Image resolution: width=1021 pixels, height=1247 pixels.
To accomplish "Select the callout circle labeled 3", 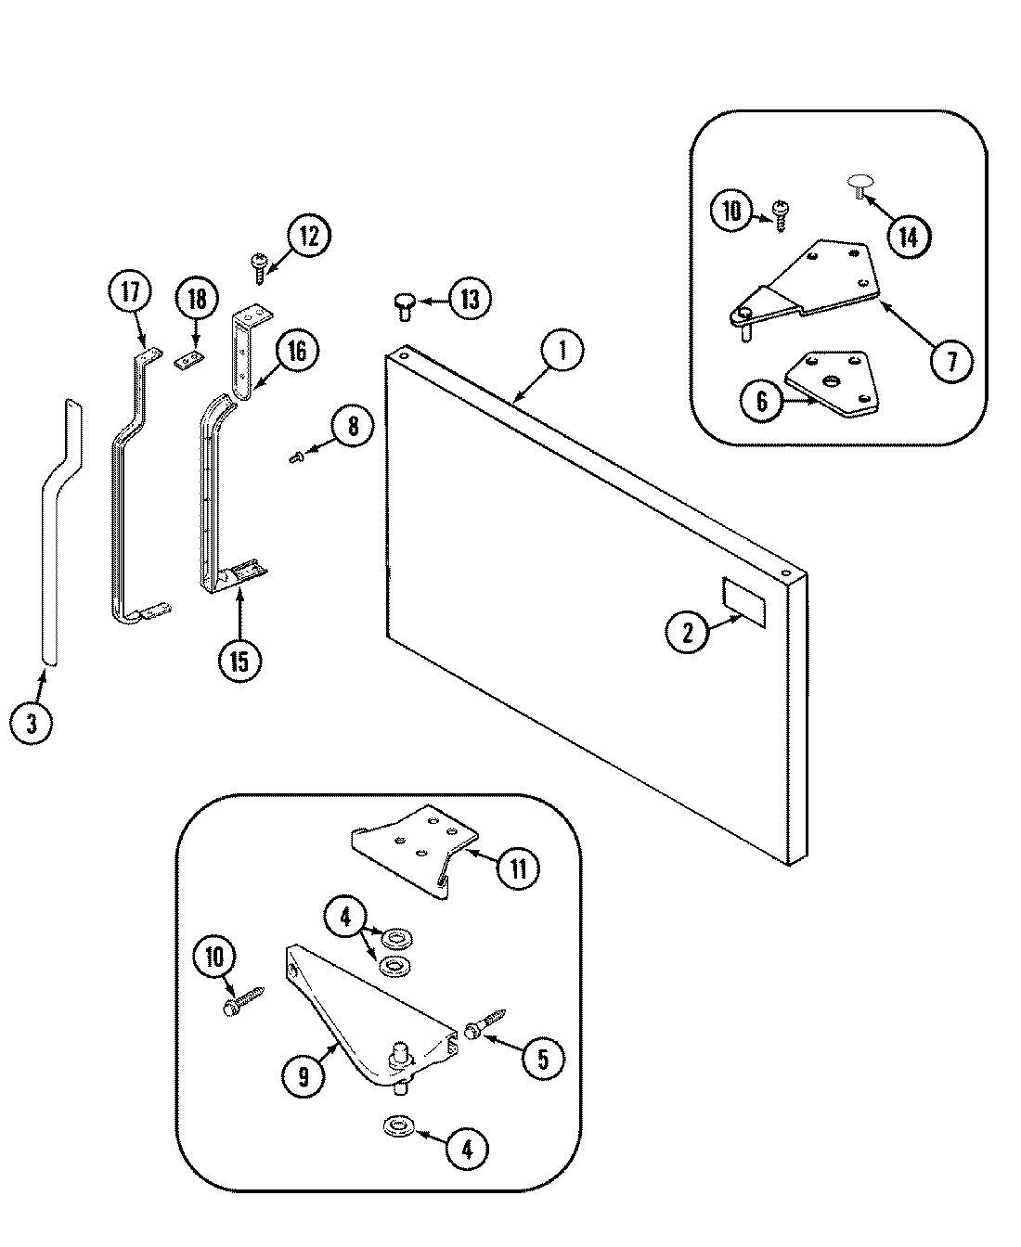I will (32, 722).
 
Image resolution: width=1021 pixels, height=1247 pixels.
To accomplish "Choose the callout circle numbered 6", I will (762, 401).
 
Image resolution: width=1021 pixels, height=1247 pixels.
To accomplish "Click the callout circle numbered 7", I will (951, 361).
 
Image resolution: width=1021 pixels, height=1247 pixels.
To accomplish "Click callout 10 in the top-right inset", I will (733, 211).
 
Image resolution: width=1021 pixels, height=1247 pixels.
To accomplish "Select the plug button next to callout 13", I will (405, 303).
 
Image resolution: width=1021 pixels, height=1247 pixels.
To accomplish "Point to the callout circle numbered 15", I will (240, 660).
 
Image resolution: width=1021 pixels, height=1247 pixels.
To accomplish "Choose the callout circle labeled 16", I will (296, 352).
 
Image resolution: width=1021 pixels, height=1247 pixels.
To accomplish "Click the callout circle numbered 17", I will (129, 292).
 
